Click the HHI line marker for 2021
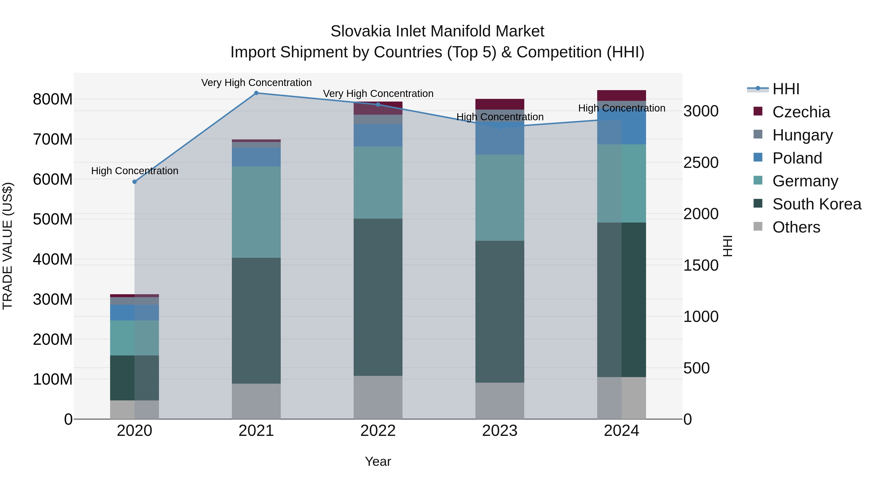coord(256,93)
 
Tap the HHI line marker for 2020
coord(134,182)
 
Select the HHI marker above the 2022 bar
coord(378,104)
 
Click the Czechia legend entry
coord(801,112)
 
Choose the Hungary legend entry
coord(802,135)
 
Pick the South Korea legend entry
coord(817,204)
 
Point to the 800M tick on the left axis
coord(53,99)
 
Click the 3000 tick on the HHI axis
coord(701,111)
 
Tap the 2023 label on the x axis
coord(500,431)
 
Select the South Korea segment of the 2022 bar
coord(378,297)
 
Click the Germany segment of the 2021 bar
coord(256,212)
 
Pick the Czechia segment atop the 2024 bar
coord(621,95)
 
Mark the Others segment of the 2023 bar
coord(500,401)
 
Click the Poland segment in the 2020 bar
coord(134,312)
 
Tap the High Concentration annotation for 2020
coord(134,171)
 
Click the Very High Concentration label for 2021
coord(256,83)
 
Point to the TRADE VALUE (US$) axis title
coord(8,246)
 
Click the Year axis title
coord(378,461)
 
